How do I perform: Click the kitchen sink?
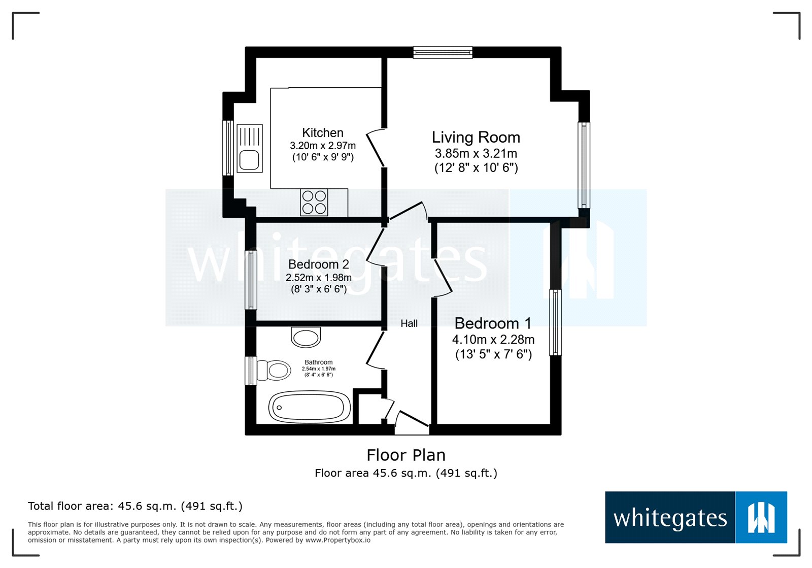tap(250, 148)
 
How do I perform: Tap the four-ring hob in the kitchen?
tap(314, 202)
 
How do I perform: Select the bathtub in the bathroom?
tap(309, 407)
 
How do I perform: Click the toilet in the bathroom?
tap(274, 370)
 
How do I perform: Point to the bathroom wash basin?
tap(306, 337)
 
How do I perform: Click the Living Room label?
tap(476, 137)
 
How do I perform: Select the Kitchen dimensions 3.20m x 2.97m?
tap(323, 146)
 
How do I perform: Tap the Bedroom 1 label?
tap(492, 323)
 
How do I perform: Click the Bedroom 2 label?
tap(318, 264)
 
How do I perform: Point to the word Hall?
tap(409, 323)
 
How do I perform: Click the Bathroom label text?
tap(319, 362)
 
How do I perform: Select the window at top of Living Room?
tap(443, 52)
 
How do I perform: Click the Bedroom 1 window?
tap(556, 322)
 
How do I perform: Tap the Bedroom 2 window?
tap(251, 280)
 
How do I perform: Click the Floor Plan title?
tap(406, 455)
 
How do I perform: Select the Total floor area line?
tap(135, 506)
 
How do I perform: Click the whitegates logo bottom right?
tap(695, 517)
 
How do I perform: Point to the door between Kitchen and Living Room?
tap(376, 148)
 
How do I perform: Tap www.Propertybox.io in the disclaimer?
tap(337, 540)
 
